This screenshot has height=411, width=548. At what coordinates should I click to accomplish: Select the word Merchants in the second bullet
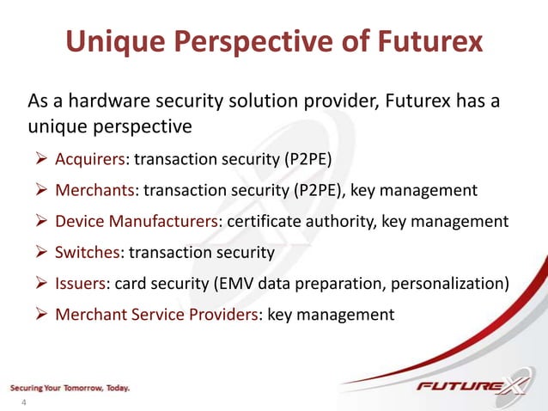click(93, 190)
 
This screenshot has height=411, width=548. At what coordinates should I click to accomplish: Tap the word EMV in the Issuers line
click(258, 283)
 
